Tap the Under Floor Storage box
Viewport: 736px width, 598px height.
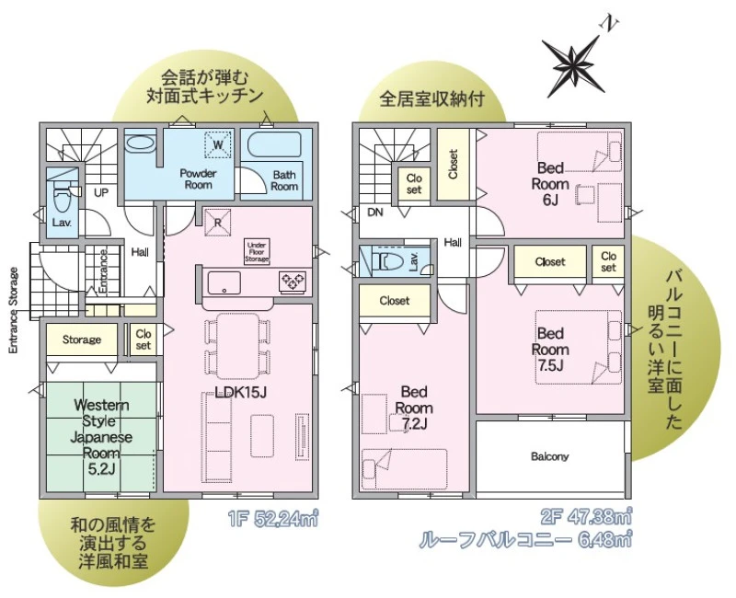pyautogui.click(x=257, y=251)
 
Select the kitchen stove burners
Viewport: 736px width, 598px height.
pyautogui.click(x=293, y=282)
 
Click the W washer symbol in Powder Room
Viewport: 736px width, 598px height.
pyautogui.click(x=218, y=144)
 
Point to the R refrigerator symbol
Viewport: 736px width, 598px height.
pyautogui.click(x=217, y=223)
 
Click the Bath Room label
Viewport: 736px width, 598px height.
pyautogui.click(x=284, y=180)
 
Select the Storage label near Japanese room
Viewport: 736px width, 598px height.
pyautogui.click(x=82, y=339)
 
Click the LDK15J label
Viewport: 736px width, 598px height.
pyautogui.click(x=240, y=393)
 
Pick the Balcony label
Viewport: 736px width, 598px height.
pyautogui.click(x=549, y=456)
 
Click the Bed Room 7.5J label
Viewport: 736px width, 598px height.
pyautogui.click(x=550, y=350)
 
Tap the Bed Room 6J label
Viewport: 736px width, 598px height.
pyautogui.click(x=550, y=183)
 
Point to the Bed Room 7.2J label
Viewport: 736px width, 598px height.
pyautogui.click(x=413, y=408)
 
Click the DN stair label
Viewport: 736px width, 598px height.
pyautogui.click(x=375, y=213)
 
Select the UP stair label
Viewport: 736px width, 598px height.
pyautogui.click(x=101, y=192)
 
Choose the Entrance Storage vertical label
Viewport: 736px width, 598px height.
pyautogui.click(x=13, y=310)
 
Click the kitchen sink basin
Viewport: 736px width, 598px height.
pyautogui.click(x=224, y=283)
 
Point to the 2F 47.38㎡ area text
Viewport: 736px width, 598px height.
pyautogui.click(x=585, y=518)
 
